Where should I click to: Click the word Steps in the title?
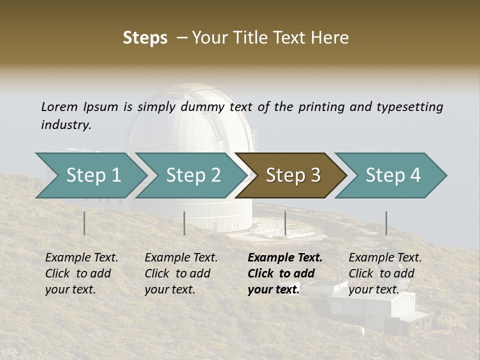[x=145, y=38]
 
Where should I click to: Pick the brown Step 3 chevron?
[x=293, y=175]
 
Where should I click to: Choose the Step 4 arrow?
[x=393, y=175]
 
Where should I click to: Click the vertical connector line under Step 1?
[x=84, y=223]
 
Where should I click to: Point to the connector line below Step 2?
[x=184, y=223]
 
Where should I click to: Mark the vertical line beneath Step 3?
[x=285, y=223]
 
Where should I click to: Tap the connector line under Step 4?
[x=386, y=223]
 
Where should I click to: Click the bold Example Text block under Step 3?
[x=285, y=273]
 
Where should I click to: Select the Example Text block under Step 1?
[x=81, y=273]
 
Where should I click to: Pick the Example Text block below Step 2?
[x=181, y=273]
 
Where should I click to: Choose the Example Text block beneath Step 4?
[x=385, y=273]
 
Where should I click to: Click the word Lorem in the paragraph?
[x=59, y=106]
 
